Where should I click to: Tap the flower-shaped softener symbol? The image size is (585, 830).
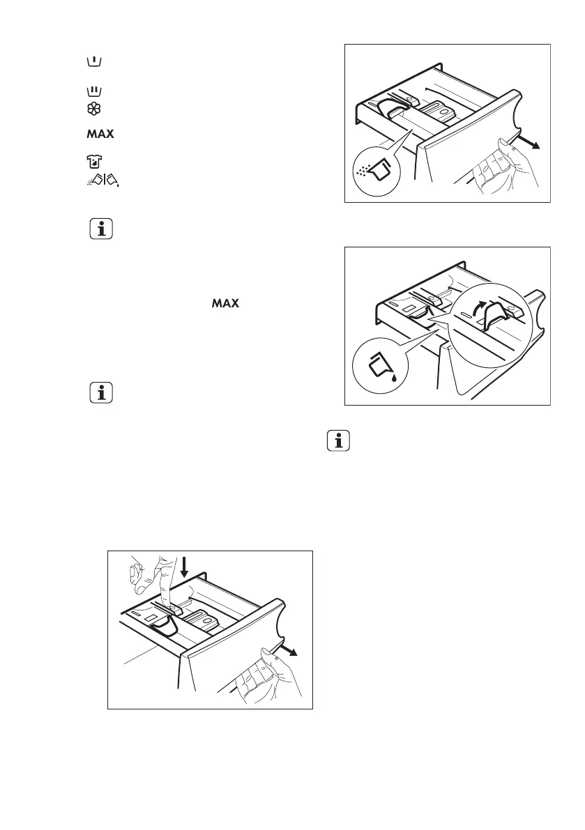84,109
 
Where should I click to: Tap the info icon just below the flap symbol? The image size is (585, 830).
102,229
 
